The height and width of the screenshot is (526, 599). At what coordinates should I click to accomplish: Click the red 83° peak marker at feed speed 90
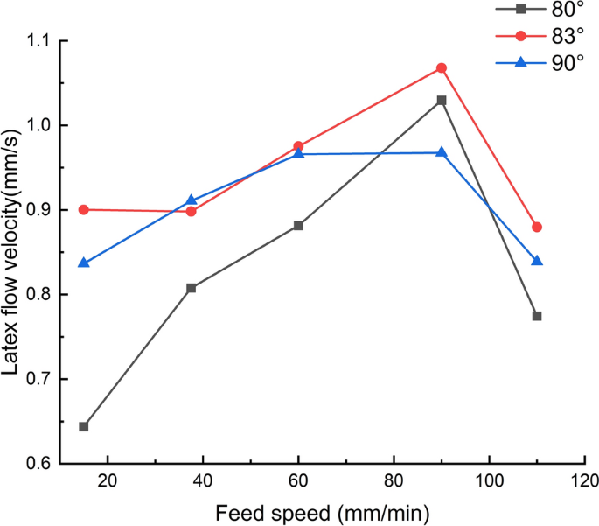tap(442, 67)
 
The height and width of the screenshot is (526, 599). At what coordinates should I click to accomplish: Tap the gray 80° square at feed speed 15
tap(84, 426)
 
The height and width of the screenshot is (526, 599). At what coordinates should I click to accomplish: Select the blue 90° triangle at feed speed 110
tap(537, 261)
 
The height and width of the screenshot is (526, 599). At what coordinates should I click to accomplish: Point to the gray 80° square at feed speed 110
tap(537, 316)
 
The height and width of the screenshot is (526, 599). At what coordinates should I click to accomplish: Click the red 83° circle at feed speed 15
tap(84, 209)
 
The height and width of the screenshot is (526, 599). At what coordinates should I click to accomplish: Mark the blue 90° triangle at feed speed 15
tap(84, 263)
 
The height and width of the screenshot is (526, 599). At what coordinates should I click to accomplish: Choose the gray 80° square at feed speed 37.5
tap(191, 287)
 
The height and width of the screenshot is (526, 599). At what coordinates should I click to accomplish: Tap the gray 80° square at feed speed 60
tap(298, 225)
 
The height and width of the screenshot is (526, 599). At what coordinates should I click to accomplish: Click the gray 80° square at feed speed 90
tap(442, 100)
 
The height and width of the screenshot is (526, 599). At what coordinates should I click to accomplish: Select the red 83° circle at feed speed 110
tap(537, 227)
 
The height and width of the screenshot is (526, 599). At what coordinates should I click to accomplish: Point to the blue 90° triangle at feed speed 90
tap(442, 152)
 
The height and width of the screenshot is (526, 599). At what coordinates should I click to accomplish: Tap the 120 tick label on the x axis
tap(584, 481)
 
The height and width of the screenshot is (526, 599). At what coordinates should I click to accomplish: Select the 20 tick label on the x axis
tap(108, 481)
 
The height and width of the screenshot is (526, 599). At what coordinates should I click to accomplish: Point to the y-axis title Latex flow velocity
tap(11, 251)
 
